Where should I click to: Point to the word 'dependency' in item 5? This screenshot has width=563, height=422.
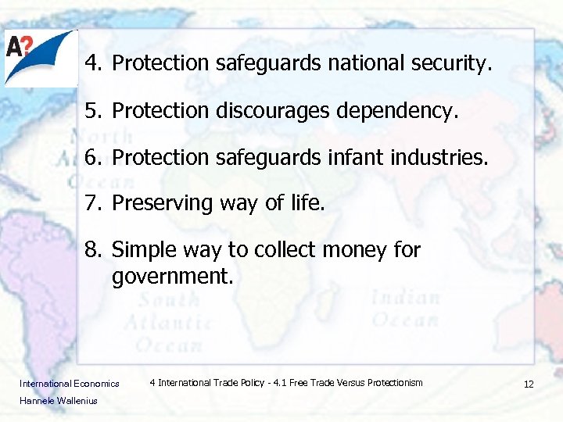(396, 111)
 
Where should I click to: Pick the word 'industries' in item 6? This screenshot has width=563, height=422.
(443, 158)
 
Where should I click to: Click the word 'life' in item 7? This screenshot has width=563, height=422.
(310, 204)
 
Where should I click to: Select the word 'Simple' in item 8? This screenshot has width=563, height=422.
(139, 251)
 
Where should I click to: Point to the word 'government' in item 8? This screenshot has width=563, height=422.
(171, 275)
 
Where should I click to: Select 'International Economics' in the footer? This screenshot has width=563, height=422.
(70, 384)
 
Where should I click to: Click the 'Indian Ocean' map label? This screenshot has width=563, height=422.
(405, 309)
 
